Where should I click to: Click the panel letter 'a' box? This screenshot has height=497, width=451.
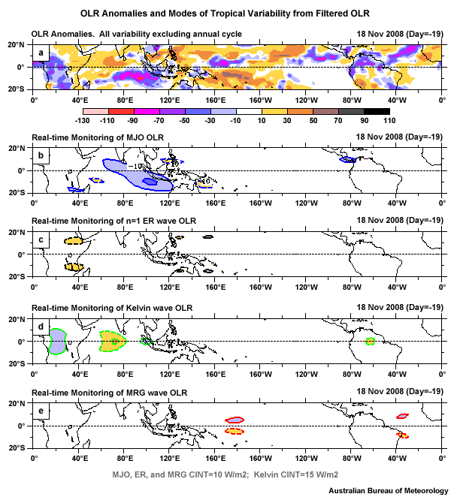click(x=41, y=52)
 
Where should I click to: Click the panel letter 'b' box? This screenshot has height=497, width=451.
click(x=41, y=155)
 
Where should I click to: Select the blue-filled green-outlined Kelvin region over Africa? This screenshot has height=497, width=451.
click(x=58, y=341)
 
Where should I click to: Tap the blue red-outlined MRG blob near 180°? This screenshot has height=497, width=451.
click(x=235, y=420)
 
